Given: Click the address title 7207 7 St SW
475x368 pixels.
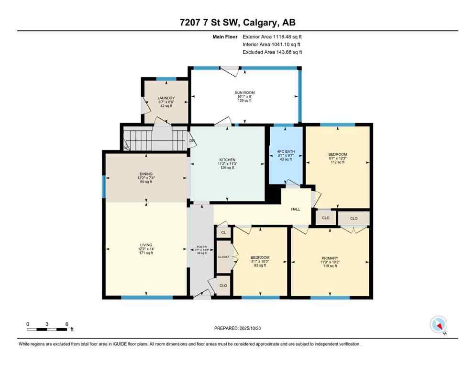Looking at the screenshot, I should (237, 23).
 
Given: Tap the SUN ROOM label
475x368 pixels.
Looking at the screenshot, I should (244, 92).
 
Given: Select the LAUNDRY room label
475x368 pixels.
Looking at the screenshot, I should (166, 98).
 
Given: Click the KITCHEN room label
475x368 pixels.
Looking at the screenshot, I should (227, 160).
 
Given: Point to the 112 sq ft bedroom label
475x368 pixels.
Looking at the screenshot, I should (337, 154).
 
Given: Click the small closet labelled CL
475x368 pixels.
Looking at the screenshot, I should (223, 232).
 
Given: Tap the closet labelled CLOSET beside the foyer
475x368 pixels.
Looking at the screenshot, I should (223, 257).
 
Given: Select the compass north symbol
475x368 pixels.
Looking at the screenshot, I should (438, 325).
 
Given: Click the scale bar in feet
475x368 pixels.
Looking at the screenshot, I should (47, 329).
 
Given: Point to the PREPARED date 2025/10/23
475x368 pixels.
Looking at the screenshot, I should (238, 328).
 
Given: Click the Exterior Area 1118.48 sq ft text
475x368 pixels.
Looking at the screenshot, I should (272, 36).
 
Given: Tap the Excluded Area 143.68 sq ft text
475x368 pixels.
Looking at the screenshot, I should (272, 52).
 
